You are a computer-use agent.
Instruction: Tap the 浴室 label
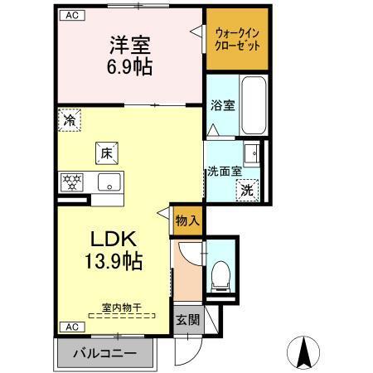coord(222,106)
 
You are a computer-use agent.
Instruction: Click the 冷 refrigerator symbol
coord(70,121)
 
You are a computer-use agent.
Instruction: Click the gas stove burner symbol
coord(71,182)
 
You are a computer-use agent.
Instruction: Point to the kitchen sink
coord(108,182)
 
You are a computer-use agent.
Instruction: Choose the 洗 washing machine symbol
coord(247,190)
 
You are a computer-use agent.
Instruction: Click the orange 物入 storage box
coord(188,220)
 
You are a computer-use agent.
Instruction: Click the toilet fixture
coord(220,273)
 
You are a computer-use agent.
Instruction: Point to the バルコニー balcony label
coord(105,353)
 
